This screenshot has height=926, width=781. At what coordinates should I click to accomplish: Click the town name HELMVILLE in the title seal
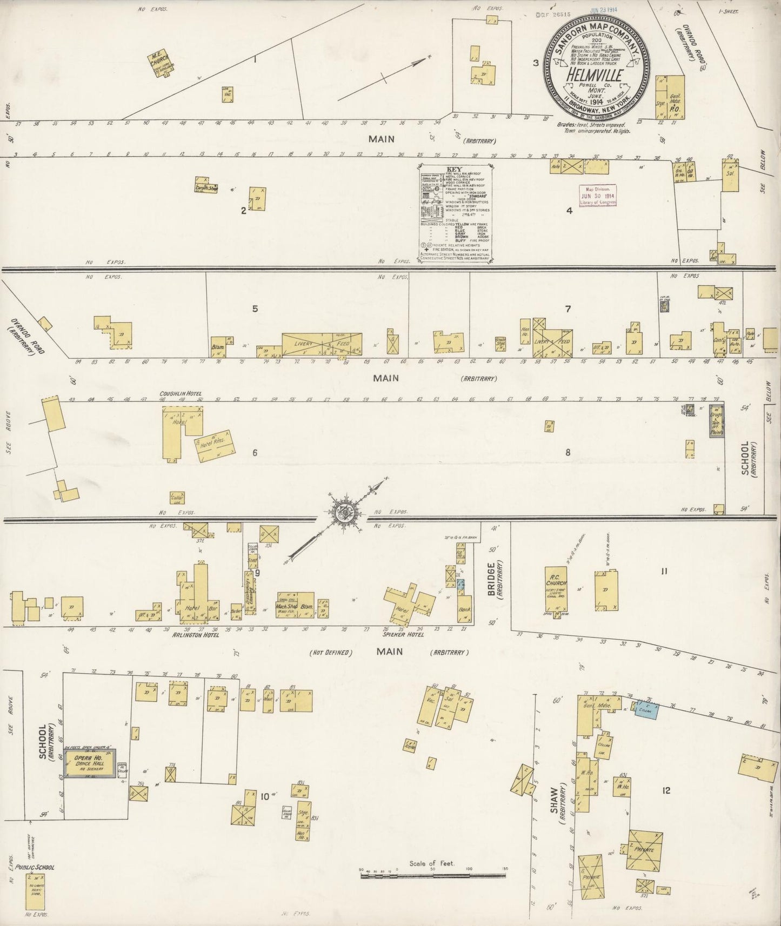[593, 75]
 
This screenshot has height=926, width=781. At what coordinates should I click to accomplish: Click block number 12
[666, 790]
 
